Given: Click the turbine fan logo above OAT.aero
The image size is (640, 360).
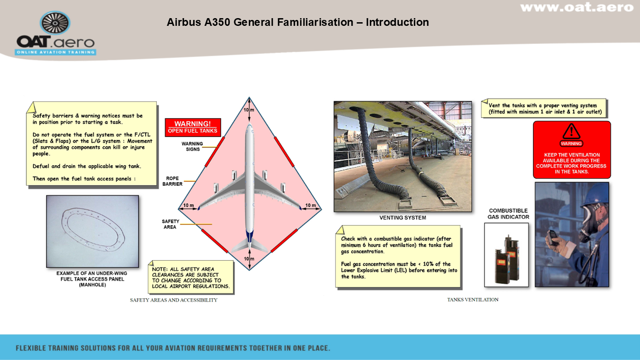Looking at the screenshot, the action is click(x=55, y=23).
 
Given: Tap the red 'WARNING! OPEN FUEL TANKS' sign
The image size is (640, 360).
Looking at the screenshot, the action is click(x=193, y=127).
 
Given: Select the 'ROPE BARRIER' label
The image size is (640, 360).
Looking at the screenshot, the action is click(x=172, y=181).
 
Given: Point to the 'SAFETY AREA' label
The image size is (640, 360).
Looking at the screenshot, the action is click(x=170, y=224).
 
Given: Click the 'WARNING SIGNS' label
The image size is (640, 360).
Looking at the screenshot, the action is click(x=192, y=146).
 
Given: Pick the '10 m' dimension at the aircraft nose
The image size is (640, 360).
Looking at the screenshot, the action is click(x=249, y=110).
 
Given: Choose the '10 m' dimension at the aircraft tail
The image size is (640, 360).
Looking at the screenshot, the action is click(x=249, y=259).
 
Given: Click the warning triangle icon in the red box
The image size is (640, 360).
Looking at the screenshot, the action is click(x=571, y=131).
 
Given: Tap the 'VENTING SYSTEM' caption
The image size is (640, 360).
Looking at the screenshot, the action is click(x=402, y=218).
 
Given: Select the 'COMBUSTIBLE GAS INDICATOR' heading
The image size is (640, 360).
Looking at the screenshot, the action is click(x=508, y=214).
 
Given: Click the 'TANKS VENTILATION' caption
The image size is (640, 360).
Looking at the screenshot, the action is click(x=473, y=300).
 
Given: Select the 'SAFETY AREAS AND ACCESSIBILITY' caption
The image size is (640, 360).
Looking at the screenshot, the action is click(x=174, y=300).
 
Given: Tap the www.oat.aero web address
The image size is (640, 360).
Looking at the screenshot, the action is click(x=577, y=7).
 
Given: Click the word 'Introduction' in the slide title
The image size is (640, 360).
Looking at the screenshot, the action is click(x=398, y=22).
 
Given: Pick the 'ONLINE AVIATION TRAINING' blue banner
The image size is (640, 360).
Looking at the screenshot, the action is click(x=55, y=52).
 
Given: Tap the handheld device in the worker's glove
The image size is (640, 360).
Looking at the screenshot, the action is click(x=552, y=237).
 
